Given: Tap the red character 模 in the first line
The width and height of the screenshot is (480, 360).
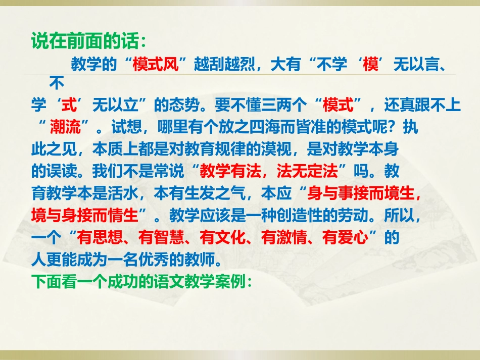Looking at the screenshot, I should (x=370, y=65).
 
